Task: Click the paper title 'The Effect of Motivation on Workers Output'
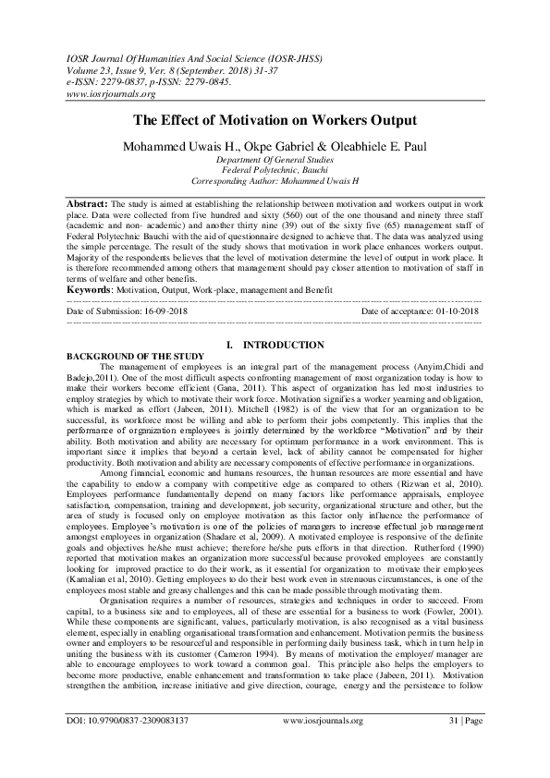click(275, 120)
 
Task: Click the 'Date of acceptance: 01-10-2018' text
click(420, 312)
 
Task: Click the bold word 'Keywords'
click(91, 290)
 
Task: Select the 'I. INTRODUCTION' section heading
click(275, 345)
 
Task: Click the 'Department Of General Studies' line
click(275, 160)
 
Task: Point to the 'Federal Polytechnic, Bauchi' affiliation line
click(275, 170)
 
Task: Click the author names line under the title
click(275, 145)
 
